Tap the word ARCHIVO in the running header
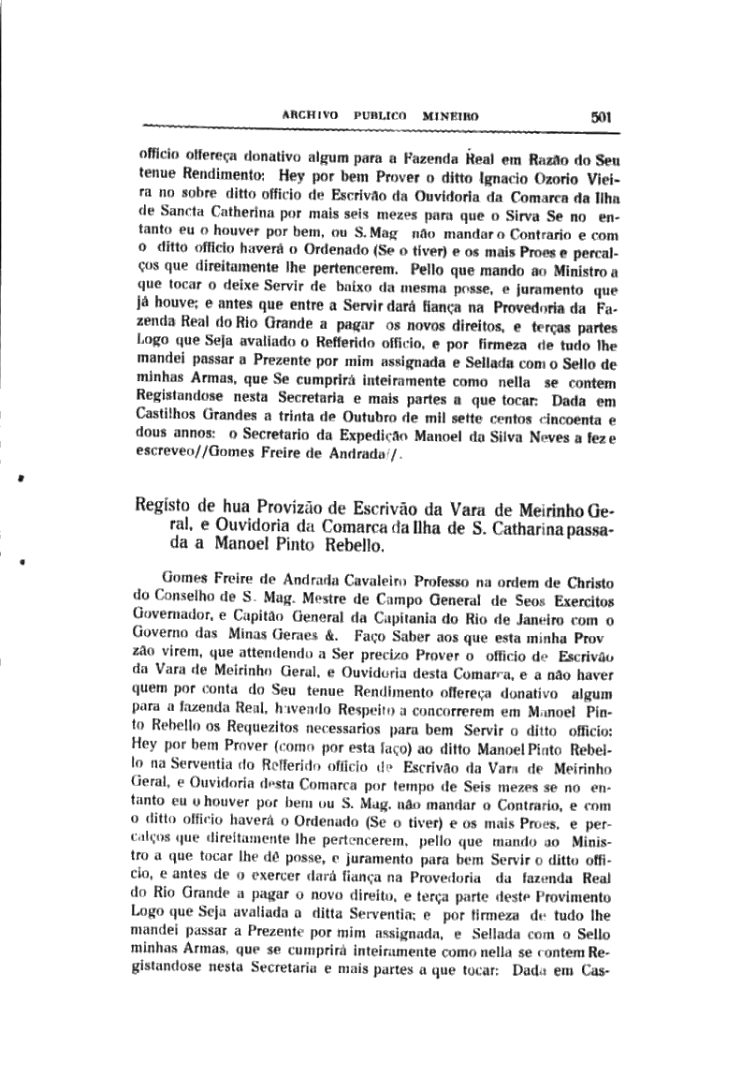(x=308, y=118)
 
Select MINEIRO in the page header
(x=451, y=118)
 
